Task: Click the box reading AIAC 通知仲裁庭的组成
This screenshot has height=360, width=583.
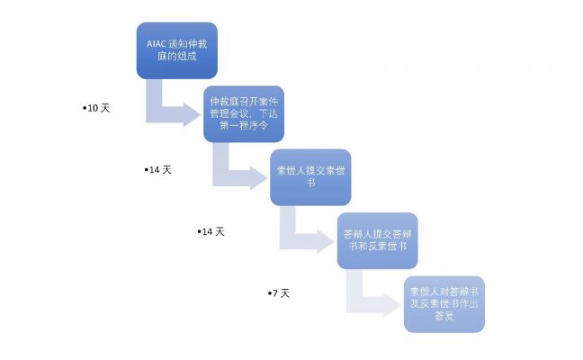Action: click(x=177, y=50)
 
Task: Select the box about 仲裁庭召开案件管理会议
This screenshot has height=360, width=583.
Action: click(x=244, y=113)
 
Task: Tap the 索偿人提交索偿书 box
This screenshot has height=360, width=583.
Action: click(x=310, y=177)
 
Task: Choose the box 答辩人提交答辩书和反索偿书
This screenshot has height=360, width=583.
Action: click(x=377, y=240)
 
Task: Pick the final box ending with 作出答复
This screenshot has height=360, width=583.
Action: click(x=444, y=304)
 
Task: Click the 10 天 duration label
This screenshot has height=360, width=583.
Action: click(x=96, y=108)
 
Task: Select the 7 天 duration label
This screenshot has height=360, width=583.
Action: click(x=279, y=293)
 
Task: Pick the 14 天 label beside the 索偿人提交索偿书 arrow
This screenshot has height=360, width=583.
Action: click(x=158, y=170)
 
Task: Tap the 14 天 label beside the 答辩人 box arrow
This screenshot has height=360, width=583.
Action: click(x=211, y=231)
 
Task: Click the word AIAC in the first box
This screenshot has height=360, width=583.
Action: click(x=156, y=44)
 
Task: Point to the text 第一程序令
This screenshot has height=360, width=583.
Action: click(x=244, y=125)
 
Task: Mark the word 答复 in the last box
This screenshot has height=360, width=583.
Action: click(x=444, y=316)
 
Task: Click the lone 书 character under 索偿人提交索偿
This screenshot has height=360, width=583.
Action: click(x=310, y=183)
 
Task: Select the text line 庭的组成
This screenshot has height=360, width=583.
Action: click(x=177, y=56)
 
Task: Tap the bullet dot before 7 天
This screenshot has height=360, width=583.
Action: click(x=270, y=293)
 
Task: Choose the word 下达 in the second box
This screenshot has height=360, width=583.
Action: click(x=268, y=113)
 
